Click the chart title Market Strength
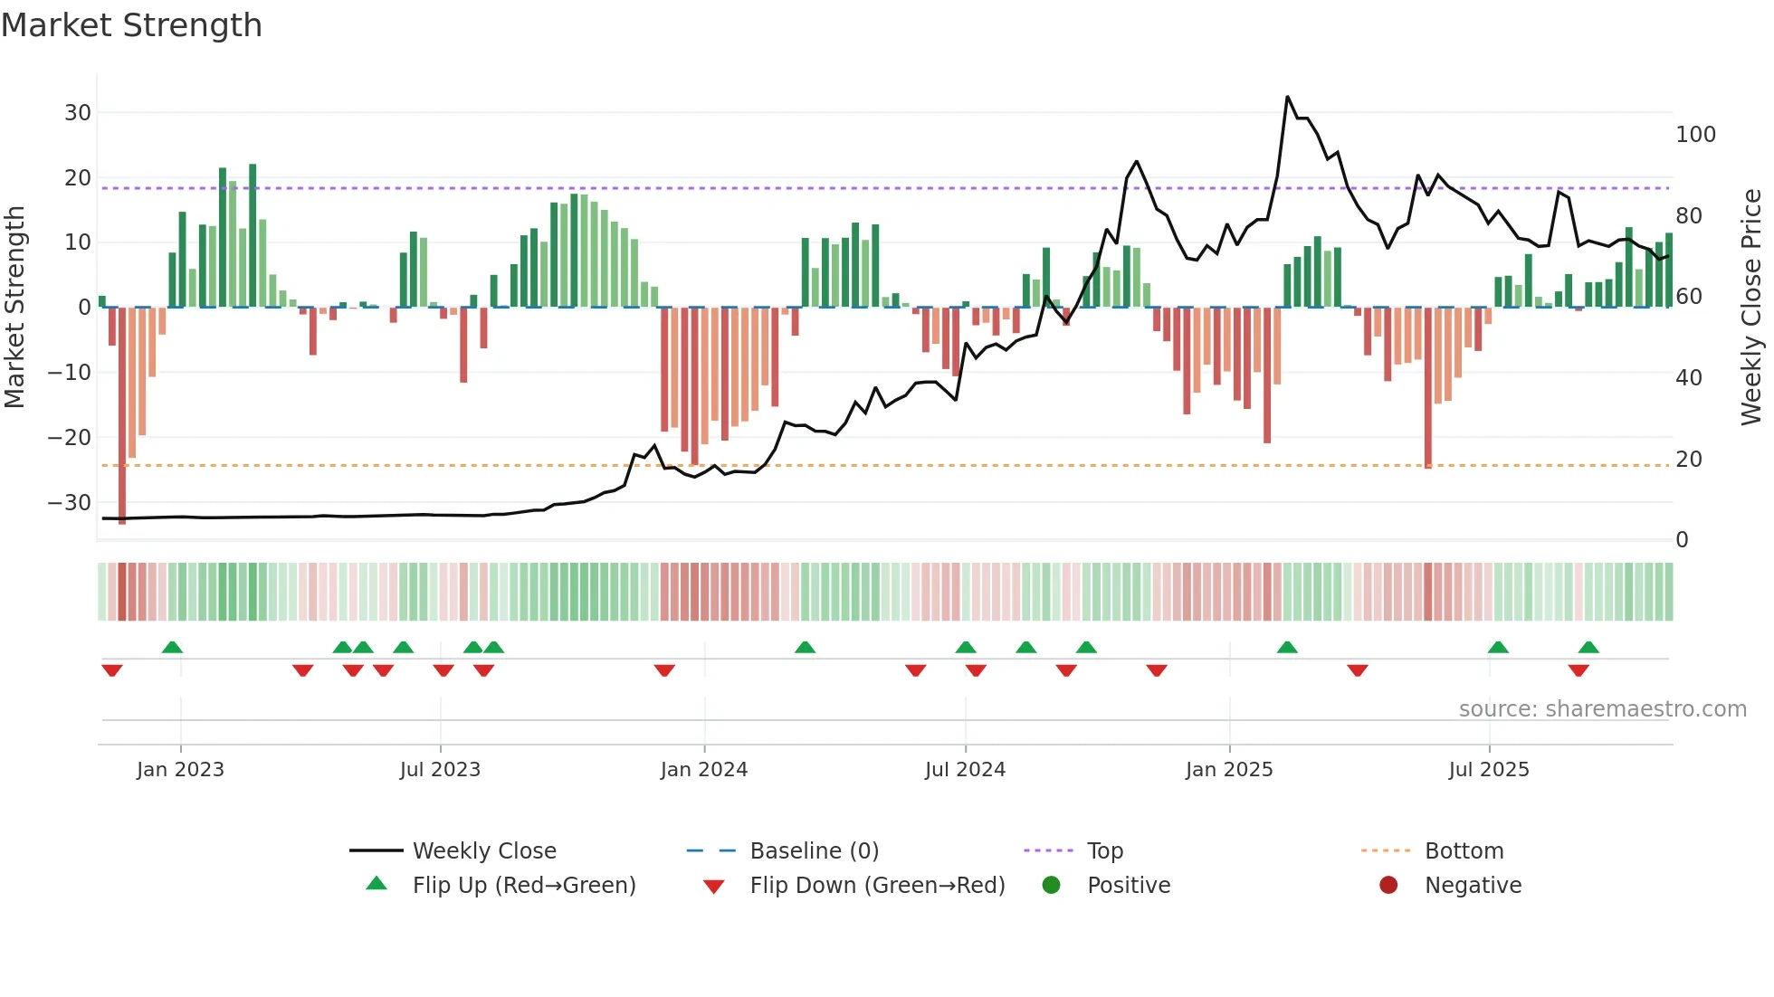[131, 25]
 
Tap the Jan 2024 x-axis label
[703, 770]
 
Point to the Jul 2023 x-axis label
[440, 770]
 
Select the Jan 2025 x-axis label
[1228, 770]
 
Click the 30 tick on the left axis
[78, 113]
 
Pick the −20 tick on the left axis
[70, 438]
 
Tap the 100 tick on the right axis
[1695, 135]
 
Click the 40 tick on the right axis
[1688, 378]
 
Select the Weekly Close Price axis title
[1751, 308]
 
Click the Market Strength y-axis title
[15, 308]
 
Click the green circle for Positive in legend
[1051, 886]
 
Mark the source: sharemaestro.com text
[1602, 709]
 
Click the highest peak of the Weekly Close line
[1287, 97]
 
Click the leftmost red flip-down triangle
[112, 670]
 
